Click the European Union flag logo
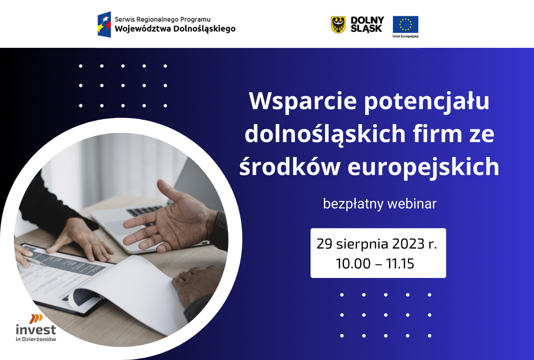(x=405, y=24)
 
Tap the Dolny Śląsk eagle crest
(x=338, y=25)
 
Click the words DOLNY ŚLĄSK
(x=367, y=24)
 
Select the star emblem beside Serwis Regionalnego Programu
(x=104, y=24)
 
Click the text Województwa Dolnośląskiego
(x=175, y=28)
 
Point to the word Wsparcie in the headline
(x=303, y=101)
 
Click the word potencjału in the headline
(x=427, y=102)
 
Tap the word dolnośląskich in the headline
(x=325, y=134)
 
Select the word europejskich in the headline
(x=423, y=167)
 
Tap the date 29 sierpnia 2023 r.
(x=376, y=244)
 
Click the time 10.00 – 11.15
(x=375, y=264)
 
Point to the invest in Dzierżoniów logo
(x=36, y=328)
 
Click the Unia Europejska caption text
(x=405, y=36)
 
